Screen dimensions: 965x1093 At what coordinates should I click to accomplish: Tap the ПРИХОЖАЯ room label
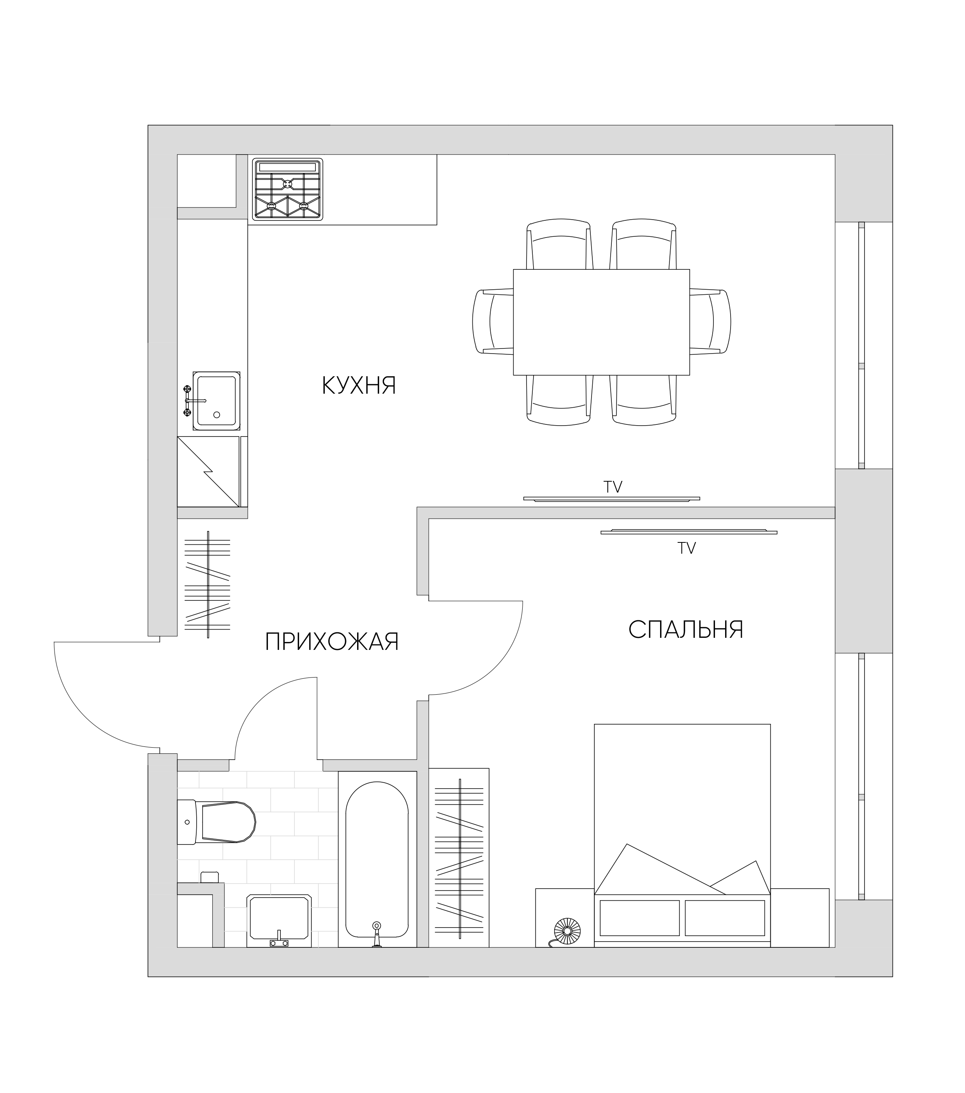[332, 641]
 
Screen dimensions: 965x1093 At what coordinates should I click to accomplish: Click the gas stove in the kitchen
[288, 189]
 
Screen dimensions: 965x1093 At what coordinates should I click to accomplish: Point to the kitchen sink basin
[216, 401]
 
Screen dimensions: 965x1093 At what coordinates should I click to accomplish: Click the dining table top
[601, 322]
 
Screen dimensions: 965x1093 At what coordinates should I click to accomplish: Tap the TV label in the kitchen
[613, 487]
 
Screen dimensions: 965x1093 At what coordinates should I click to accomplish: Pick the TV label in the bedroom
[687, 548]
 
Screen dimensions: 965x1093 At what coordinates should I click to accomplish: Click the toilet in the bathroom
[216, 822]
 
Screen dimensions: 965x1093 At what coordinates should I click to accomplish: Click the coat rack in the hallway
[208, 584]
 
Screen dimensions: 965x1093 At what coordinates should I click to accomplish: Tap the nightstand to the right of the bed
[800, 918]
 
